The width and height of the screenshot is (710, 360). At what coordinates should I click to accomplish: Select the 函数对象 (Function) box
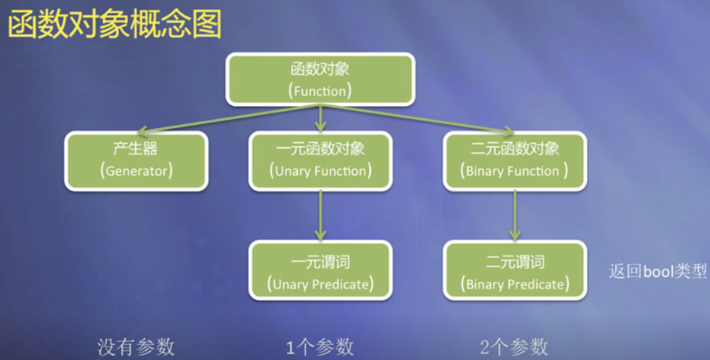pos(320,79)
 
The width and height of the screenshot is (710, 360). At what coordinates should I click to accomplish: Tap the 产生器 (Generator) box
pos(136,161)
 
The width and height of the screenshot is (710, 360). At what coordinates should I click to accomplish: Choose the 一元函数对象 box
pos(320,161)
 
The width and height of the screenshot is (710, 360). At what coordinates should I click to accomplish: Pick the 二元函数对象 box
pos(515,161)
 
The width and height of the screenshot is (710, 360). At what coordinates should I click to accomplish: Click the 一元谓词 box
pos(320,271)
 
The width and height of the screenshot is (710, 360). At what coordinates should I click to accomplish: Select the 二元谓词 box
pos(515,271)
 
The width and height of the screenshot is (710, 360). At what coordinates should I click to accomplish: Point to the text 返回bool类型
pos(658,272)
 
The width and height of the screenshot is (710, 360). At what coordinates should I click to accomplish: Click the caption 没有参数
pos(136,346)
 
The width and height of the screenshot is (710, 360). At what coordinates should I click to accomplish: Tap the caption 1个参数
pos(320,346)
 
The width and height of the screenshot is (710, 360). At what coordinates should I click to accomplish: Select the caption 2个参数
pos(515,346)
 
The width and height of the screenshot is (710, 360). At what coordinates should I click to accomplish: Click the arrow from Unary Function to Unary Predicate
pos(320,215)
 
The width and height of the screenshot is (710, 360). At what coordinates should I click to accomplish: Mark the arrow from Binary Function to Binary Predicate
pos(515,215)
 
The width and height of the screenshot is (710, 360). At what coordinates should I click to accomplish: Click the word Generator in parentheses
pos(136,171)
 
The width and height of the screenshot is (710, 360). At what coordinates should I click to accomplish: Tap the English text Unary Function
pos(320,171)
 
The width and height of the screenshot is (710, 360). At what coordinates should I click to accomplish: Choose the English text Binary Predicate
pos(515,285)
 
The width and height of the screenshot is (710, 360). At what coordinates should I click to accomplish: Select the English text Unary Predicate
pos(320,285)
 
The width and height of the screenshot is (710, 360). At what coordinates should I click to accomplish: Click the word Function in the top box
pos(320,91)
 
